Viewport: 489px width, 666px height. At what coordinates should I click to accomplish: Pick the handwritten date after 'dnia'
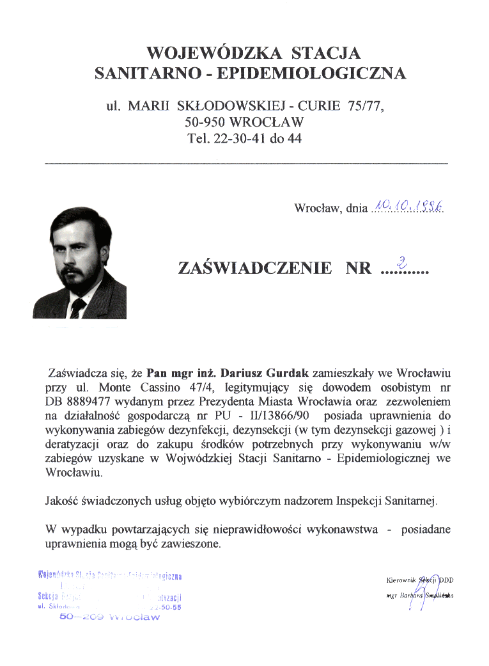[409, 205]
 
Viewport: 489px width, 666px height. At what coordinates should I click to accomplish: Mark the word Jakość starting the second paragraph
[61, 501]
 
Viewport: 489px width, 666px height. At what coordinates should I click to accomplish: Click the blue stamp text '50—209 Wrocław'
[109, 617]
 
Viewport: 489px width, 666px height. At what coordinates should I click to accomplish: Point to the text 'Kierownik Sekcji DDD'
[420, 580]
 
